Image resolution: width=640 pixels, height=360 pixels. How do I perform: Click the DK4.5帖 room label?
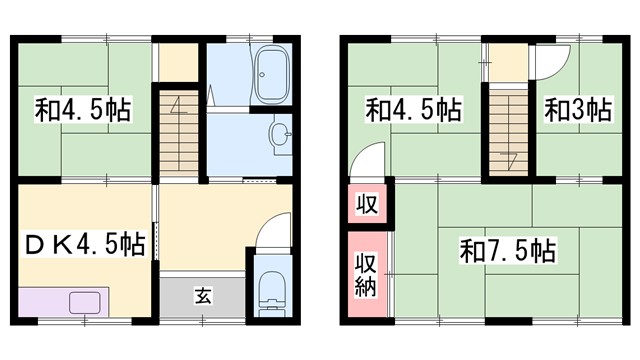coord(82,243)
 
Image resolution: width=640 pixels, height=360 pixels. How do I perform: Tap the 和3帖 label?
coord(578,109)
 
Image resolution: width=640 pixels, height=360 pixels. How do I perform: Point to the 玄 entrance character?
coord(203,295)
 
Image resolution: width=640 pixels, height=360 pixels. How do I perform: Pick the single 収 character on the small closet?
coord(367,206)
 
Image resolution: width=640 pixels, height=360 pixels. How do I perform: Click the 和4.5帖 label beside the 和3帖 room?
coord(414,109)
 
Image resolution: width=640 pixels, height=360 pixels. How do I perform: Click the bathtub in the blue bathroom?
coord(271,77)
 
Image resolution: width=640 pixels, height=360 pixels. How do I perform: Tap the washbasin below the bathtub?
coord(281,131)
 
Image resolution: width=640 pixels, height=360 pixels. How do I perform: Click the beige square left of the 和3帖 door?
coord(508,62)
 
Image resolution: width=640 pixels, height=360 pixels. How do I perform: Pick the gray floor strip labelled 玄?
coord(203,296)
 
